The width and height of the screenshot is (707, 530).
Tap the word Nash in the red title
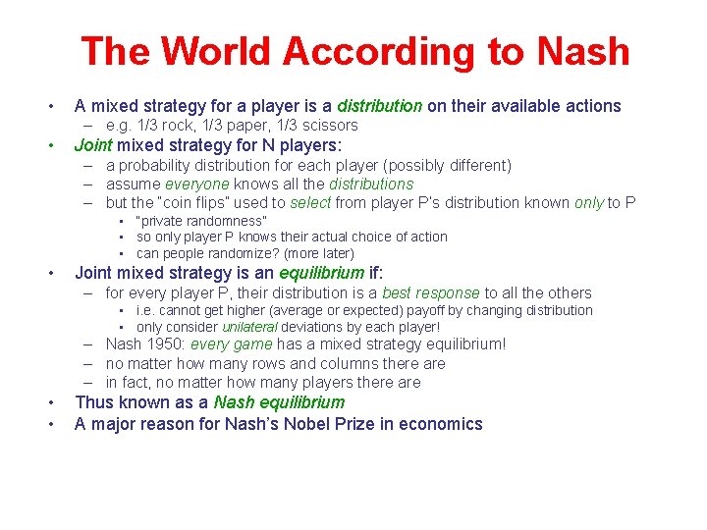click(x=580, y=51)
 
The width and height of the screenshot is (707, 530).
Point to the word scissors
click(x=329, y=126)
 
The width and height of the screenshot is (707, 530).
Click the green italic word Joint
click(x=93, y=145)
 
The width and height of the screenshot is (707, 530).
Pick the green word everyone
click(x=196, y=184)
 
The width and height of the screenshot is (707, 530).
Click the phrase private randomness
click(x=201, y=221)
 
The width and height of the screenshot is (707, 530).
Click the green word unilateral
click(x=249, y=327)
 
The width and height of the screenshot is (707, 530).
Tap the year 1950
click(x=166, y=344)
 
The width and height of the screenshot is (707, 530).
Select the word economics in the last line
click(x=443, y=424)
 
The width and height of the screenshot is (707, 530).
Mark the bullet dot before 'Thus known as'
click(x=48, y=403)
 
